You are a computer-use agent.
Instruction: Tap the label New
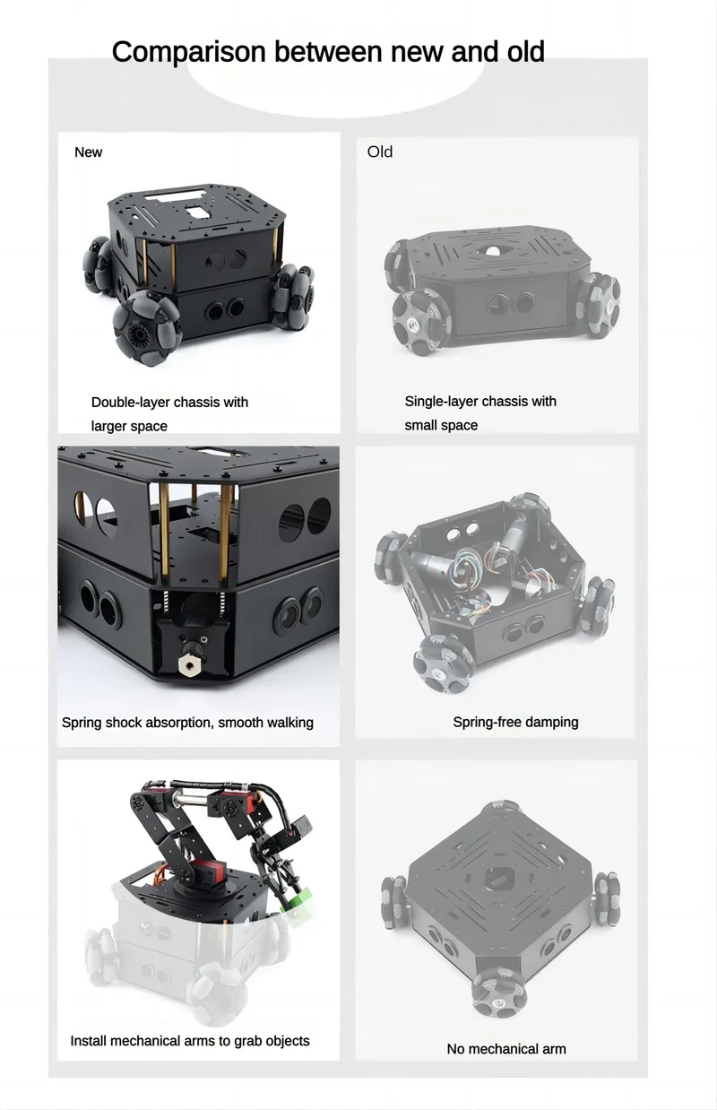pos(88,152)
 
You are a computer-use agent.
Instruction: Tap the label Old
pos(380,152)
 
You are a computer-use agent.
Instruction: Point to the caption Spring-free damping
pos(516,722)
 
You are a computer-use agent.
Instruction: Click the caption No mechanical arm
pos(506,1049)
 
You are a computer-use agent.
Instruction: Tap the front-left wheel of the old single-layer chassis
pos(420,322)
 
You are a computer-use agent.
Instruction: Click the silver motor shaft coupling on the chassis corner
pos(189,657)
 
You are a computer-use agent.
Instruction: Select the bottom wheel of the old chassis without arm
pos(495,992)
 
